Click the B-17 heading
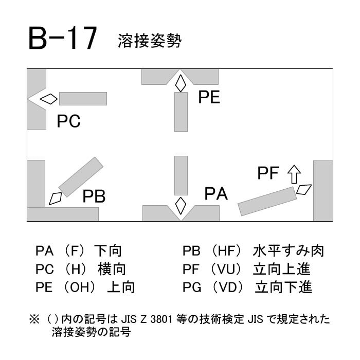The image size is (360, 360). [x=62, y=39]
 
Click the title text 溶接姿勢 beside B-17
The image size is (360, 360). [x=150, y=41]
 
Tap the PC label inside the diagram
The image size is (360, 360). [x=68, y=121]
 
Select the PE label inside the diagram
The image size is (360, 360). [x=209, y=97]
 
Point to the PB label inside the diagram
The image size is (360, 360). [x=94, y=196]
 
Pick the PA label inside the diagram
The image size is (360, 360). [x=216, y=194]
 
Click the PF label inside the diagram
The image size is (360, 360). [x=268, y=173]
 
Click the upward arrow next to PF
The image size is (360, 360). [x=294, y=174]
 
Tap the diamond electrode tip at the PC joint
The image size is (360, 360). [x=49, y=99]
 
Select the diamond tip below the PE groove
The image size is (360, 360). [x=181, y=83]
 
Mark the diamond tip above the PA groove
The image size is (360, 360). [x=181, y=206]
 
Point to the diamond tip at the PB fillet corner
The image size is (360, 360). [x=56, y=199]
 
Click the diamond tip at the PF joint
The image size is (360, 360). [x=304, y=190]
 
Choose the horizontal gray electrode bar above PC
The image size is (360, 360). [x=83, y=99]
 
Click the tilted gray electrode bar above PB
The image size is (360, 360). [x=81, y=177]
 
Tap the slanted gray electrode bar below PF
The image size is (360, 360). [x=267, y=202]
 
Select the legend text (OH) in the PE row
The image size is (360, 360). [x=79, y=287]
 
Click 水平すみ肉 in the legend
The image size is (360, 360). [x=289, y=251]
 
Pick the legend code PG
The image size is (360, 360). [x=192, y=287]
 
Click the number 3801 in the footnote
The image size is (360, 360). [x=161, y=319]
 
